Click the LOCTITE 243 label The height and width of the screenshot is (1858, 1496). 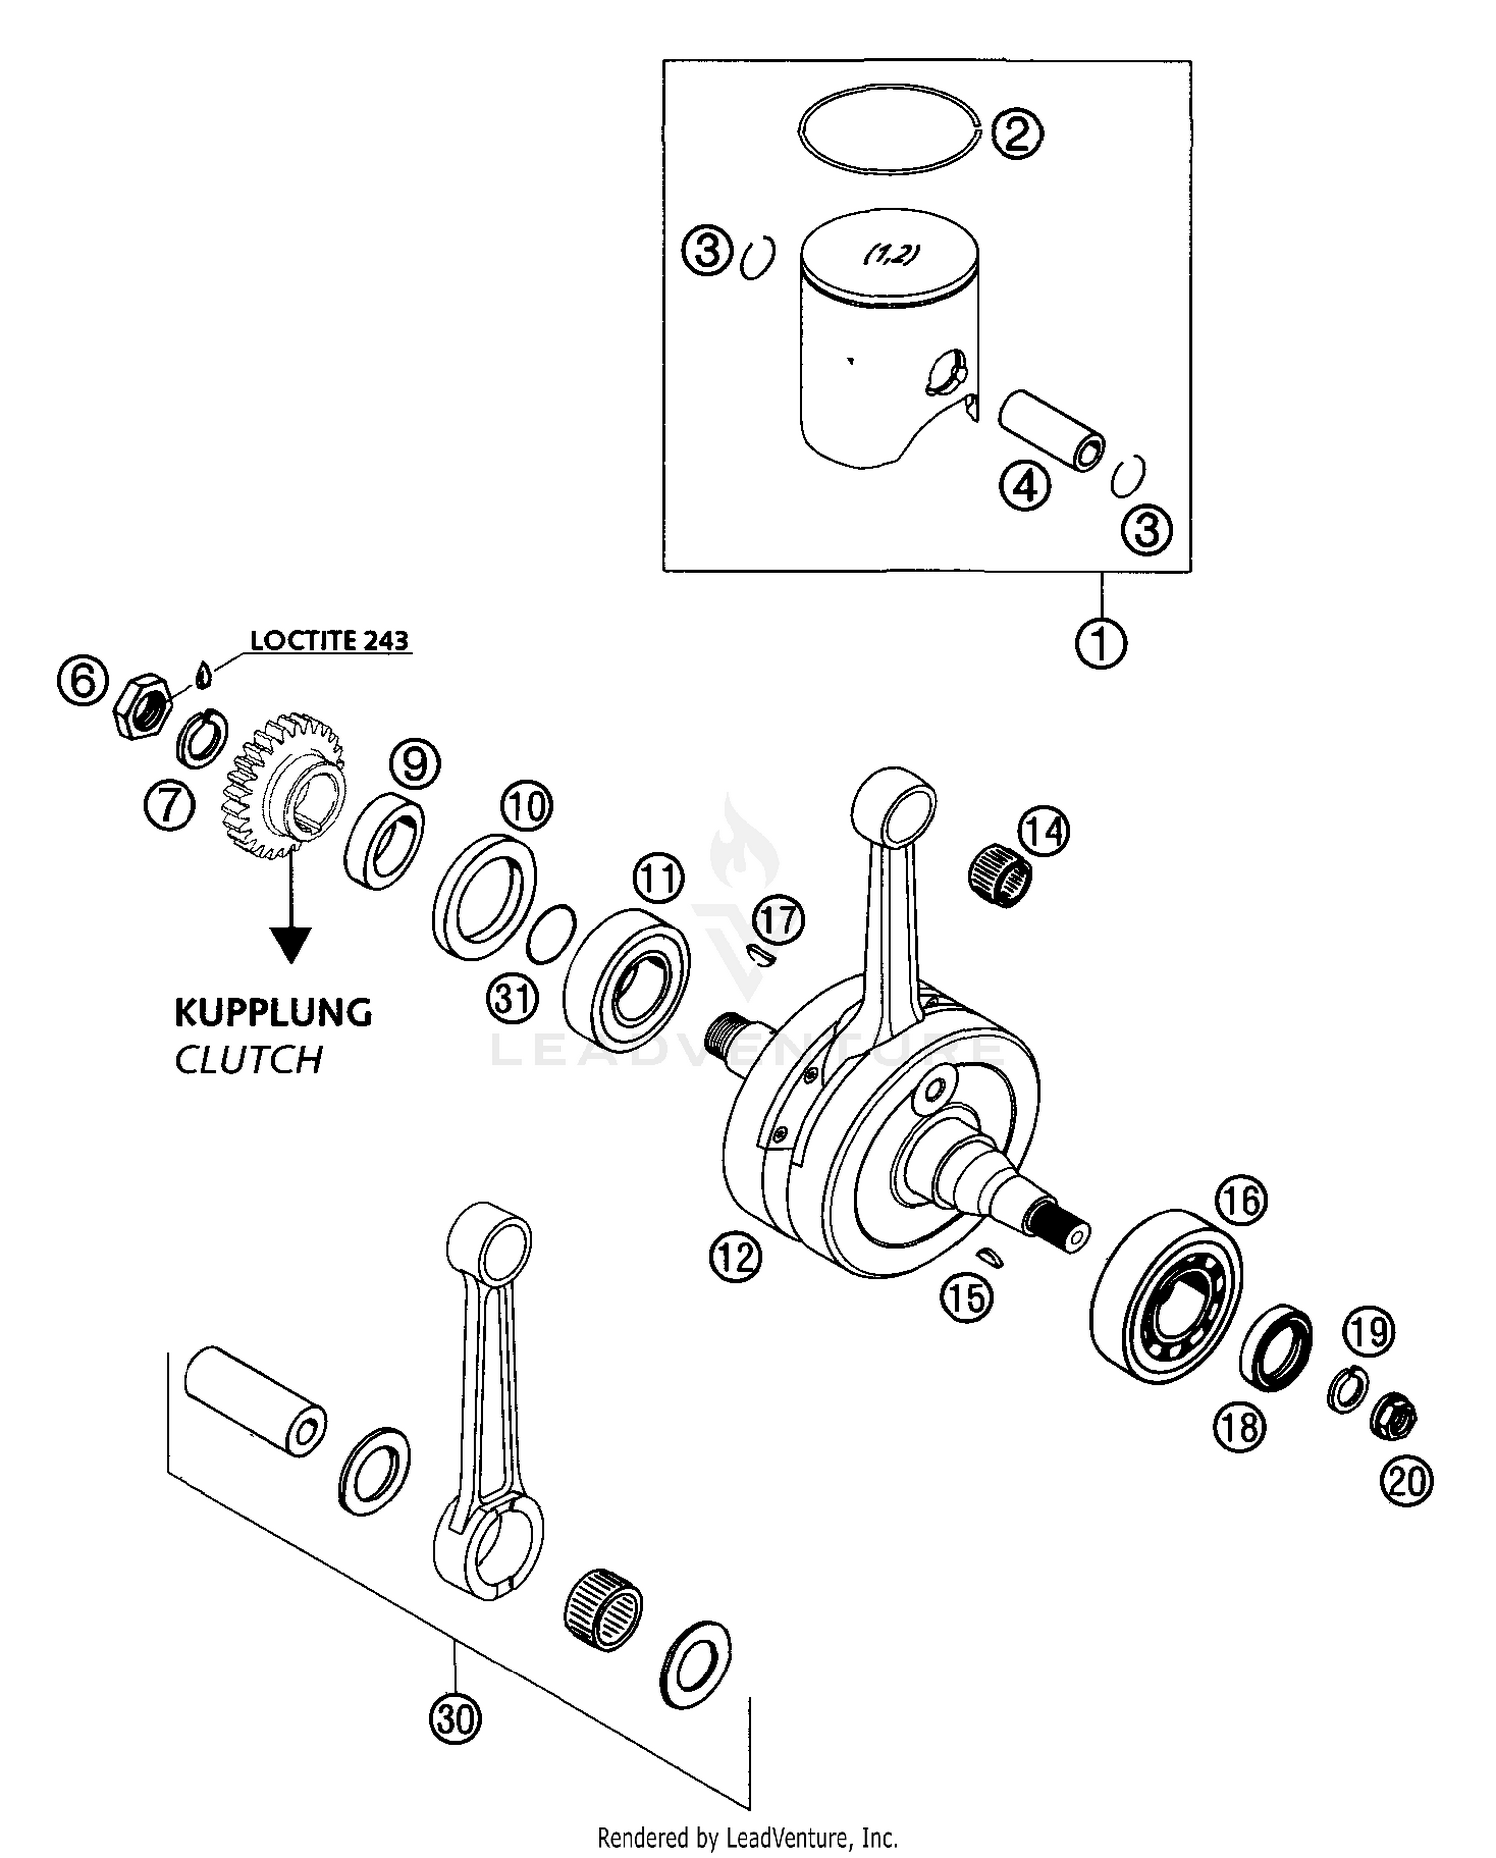(329, 640)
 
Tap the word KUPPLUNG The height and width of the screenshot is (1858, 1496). (273, 1012)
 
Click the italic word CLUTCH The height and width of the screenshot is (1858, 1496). (248, 1060)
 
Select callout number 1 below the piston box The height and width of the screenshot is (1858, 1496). (1101, 643)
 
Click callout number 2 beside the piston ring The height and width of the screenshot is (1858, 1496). (1016, 133)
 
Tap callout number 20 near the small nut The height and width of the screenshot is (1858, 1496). (1406, 1481)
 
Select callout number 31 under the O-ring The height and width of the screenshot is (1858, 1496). (513, 998)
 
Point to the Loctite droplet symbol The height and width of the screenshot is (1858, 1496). (205, 675)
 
